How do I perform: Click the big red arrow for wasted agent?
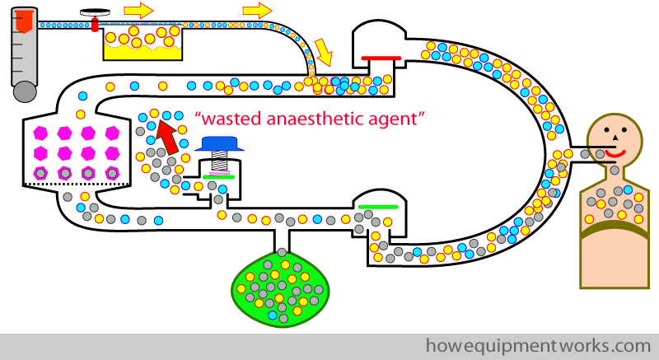tap(166, 136)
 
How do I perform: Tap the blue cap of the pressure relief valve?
tap(219, 143)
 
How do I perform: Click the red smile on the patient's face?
tap(615, 153)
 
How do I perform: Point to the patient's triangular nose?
tap(615, 137)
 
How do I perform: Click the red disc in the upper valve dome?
tap(381, 58)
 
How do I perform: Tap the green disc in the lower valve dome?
tap(378, 207)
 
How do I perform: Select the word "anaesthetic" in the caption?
tap(315, 119)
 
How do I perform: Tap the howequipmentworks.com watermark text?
tap(539, 346)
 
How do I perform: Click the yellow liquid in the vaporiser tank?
tap(143, 52)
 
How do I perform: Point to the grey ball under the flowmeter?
tap(25, 92)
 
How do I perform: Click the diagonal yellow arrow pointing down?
tap(324, 52)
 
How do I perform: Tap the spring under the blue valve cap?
tap(219, 161)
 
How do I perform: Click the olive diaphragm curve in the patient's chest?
tap(615, 229)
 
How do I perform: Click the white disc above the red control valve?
tap(94, 12)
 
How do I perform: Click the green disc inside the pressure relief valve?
tap(218, 177)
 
